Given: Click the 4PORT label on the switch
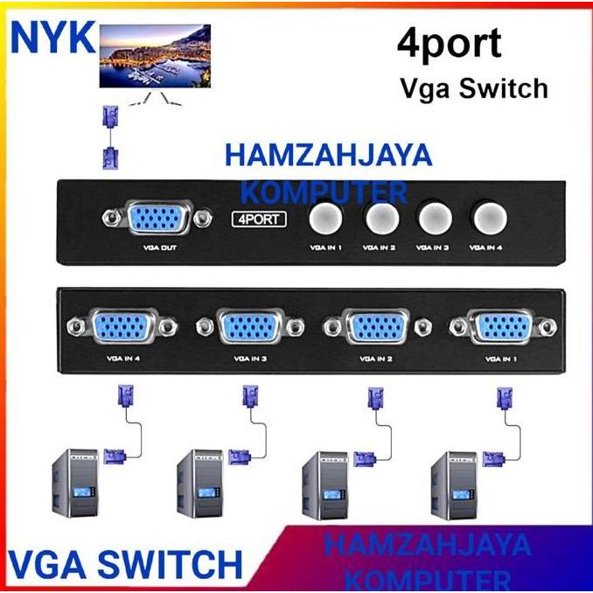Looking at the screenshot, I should tap(259, 219).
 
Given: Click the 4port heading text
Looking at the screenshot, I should tap(450, 44).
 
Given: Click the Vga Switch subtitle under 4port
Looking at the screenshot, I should tap(473, 87).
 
